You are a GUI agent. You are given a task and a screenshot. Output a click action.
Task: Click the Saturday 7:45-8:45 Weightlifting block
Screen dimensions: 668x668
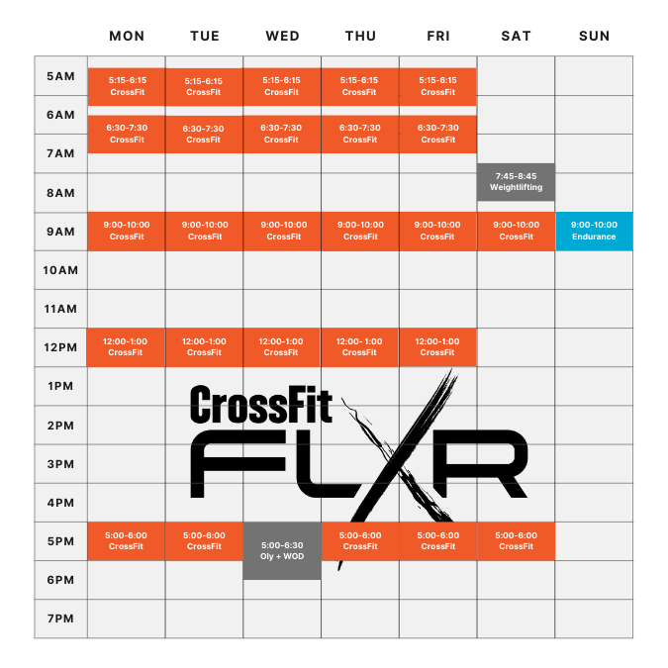coord(516,182)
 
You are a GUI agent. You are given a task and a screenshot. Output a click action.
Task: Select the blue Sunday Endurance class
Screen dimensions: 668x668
coord(594,231)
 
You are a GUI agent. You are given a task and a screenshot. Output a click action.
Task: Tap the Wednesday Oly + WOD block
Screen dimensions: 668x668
coord(282,551)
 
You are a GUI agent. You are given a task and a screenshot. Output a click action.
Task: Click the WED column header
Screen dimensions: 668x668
coord(282,36)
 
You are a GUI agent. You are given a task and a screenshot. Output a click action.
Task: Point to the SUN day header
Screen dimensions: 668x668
coord(595,36)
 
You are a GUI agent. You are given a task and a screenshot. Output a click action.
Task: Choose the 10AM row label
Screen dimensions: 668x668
coord(60,270)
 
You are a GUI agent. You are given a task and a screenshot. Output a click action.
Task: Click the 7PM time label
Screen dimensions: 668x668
coord(60,619)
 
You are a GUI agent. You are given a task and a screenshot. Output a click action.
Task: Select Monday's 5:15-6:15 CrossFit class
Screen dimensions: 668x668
coord(127,86)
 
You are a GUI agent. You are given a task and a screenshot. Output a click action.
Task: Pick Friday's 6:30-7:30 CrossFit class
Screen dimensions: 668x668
coord(438,134)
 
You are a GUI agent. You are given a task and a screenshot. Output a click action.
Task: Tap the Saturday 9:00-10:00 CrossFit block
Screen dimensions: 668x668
coord(516,231)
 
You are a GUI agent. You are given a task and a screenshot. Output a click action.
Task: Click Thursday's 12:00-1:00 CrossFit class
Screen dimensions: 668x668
coord(359,347)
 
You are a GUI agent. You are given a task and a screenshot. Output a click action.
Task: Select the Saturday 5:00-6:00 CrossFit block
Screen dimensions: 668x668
coord(516,541)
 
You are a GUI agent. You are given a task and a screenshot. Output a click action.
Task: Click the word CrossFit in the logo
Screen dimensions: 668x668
coord(260,404)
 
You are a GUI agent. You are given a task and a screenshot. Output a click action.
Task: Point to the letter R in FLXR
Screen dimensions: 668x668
coord(481,463)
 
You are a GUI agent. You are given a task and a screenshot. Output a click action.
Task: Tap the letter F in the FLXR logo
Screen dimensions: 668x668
coord(238,463)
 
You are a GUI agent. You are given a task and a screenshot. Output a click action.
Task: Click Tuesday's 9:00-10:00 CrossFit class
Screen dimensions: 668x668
coord(205,231)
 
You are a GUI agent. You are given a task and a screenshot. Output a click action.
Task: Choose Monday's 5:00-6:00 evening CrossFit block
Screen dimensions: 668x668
coord(126,541)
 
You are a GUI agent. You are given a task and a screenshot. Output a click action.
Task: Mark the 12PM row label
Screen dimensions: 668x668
coord(60,347)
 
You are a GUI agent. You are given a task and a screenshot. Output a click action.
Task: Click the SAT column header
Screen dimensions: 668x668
coord(517,36)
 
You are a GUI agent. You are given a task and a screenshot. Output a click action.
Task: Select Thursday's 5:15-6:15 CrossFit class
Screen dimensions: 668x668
coord(360,86)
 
